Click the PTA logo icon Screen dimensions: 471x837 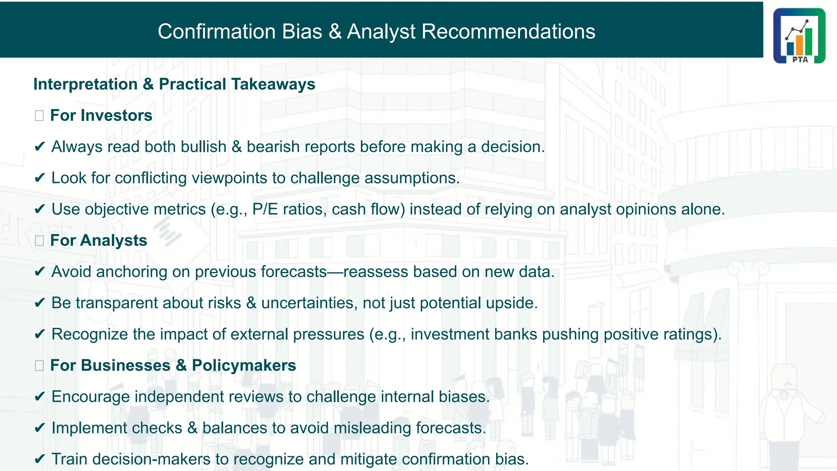pos(799,36)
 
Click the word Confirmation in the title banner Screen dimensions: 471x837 pos(217,31)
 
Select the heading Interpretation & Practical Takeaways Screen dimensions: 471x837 pos(174,84)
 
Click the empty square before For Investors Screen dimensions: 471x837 pos(39,116)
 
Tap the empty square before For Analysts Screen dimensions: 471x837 pos(39,241)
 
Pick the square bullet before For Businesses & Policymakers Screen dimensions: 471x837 pos(39,366)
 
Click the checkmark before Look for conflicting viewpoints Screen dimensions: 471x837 pos(40,178)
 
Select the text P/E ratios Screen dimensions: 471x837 pos(289,209)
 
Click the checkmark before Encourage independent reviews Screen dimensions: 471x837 pos(40,397)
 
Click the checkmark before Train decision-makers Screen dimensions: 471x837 pos(40,459)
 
